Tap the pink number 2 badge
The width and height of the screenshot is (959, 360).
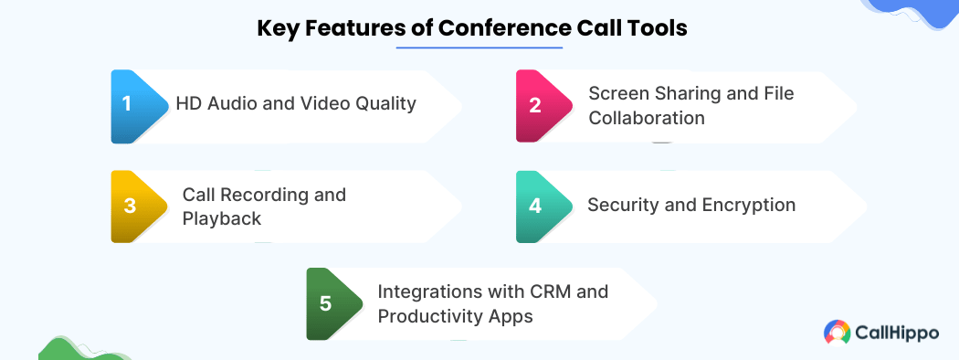click(x=541, y=107)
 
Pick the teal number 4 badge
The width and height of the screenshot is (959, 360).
click(x=541, y=206)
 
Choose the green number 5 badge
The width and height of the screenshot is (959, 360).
click(x=332, y=303)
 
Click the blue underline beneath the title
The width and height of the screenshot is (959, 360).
click(x=479, y=48)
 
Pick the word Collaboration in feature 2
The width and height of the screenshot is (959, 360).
click(x=647, y=117)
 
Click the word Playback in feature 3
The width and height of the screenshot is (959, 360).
click(x=222, y=218)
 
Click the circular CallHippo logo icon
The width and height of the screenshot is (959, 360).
click(x=836, y=334)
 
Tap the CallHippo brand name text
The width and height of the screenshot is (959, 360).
click(x=897, y=334)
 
